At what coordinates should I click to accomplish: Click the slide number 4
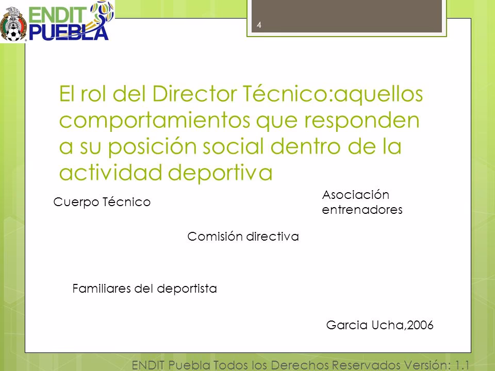tap(258, 25)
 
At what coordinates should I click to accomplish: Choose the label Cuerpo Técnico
tap(102, 203)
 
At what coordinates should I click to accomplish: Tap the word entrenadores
tap(361, 210)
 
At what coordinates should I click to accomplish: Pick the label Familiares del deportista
tap(143, 289)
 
